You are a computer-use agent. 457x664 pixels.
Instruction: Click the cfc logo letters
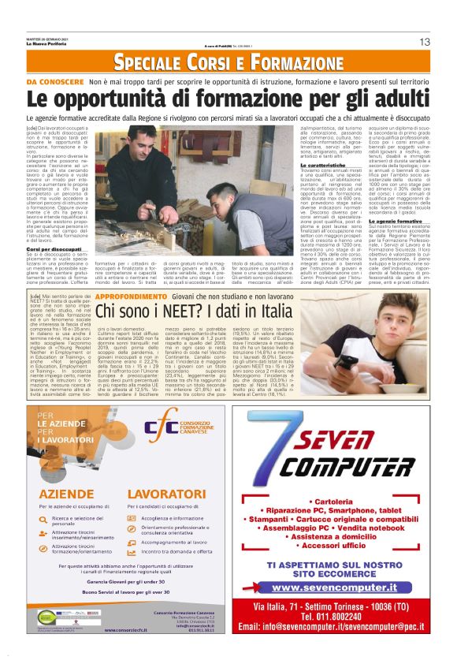[x=162, y=431]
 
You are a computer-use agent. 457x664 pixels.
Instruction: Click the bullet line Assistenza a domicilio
[x=343, y=535]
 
